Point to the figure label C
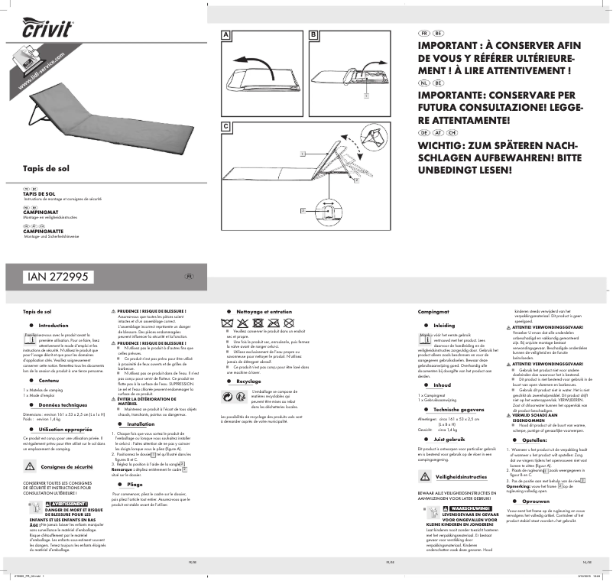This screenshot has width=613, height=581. point(225,125)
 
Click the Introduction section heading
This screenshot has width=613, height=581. point(54,326)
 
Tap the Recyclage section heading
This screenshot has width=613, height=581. point(248,381)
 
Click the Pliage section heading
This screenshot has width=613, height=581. point(135,485)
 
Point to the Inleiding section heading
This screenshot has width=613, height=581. point(443,326)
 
